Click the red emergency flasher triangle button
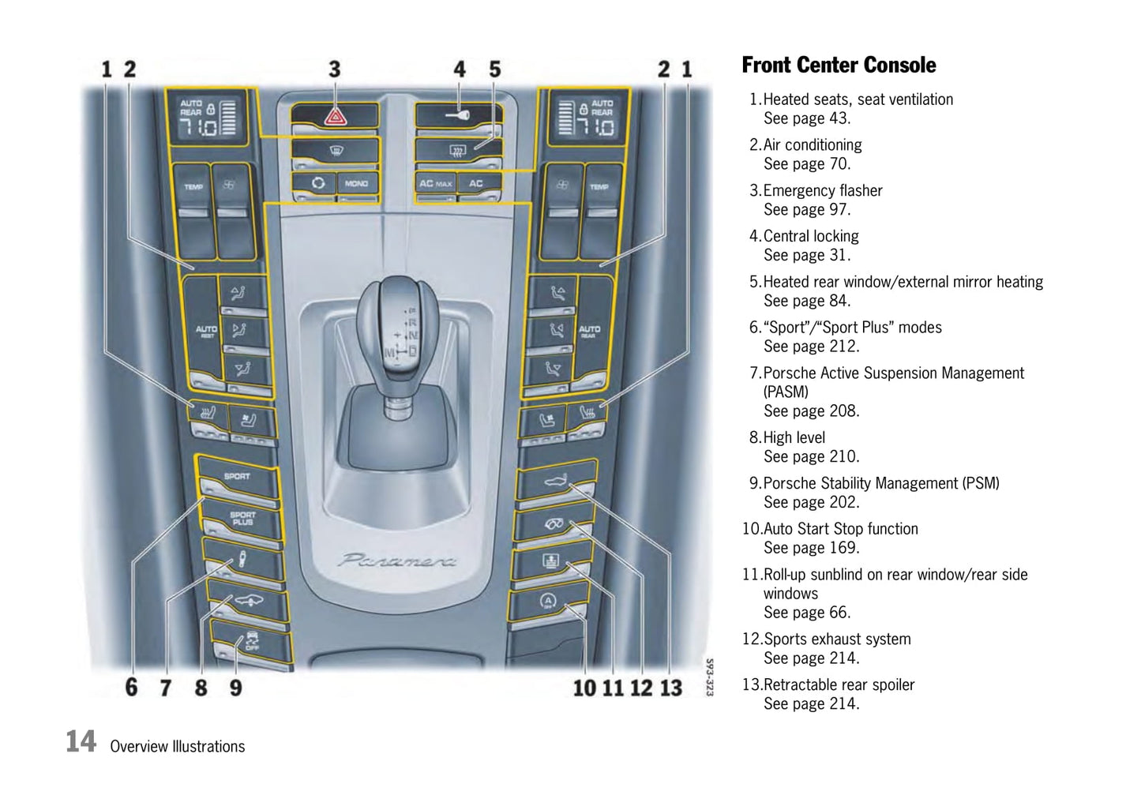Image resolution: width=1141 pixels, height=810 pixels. pos(335,117)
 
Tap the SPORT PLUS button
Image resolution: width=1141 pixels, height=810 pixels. pos(242,519)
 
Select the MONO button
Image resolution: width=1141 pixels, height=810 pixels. pos(356,183)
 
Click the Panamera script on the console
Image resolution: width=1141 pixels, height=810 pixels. pos(397,561)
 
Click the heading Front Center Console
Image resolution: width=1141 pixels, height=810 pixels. pos(839,66)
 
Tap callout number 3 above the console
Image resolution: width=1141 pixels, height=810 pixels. pos(335,69)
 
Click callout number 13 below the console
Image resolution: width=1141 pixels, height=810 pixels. pos(671,688)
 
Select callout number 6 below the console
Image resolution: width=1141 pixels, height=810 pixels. pos(131,688)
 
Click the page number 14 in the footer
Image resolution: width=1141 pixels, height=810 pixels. pos(81,742)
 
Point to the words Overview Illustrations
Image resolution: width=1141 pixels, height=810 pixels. pos(178,746)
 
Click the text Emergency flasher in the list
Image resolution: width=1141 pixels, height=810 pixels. pos(822,190)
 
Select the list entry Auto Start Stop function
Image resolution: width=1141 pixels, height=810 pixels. pos(840,529)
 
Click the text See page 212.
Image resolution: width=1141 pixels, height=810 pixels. pos(811,347)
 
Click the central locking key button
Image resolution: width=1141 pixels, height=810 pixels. pos(458,115)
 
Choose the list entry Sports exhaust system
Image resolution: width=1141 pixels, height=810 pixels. pos(836,639)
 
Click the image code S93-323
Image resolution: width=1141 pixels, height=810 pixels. pos(709,677)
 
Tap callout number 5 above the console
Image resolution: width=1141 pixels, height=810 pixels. pos(494,69)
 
